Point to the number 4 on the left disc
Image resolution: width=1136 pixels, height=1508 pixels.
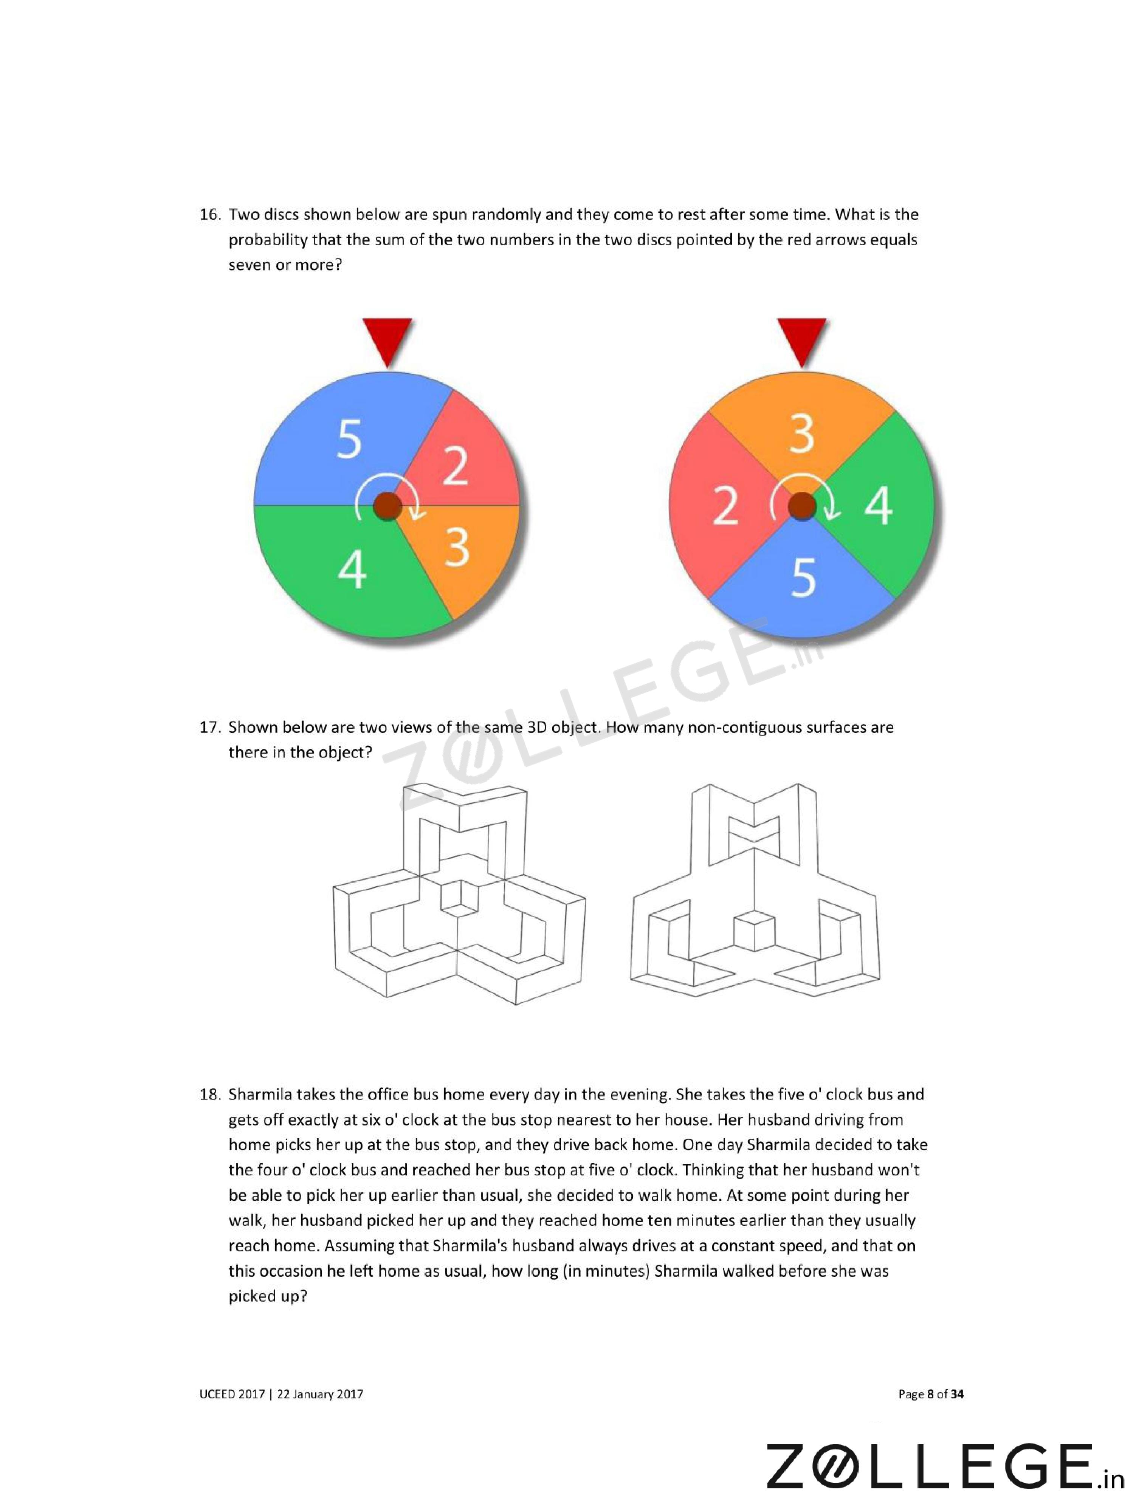(352, 570)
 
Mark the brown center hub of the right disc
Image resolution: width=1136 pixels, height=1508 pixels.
(802, 506)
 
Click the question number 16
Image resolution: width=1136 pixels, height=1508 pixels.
(209, 215)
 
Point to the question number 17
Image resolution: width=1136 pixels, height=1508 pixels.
(209, 728)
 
